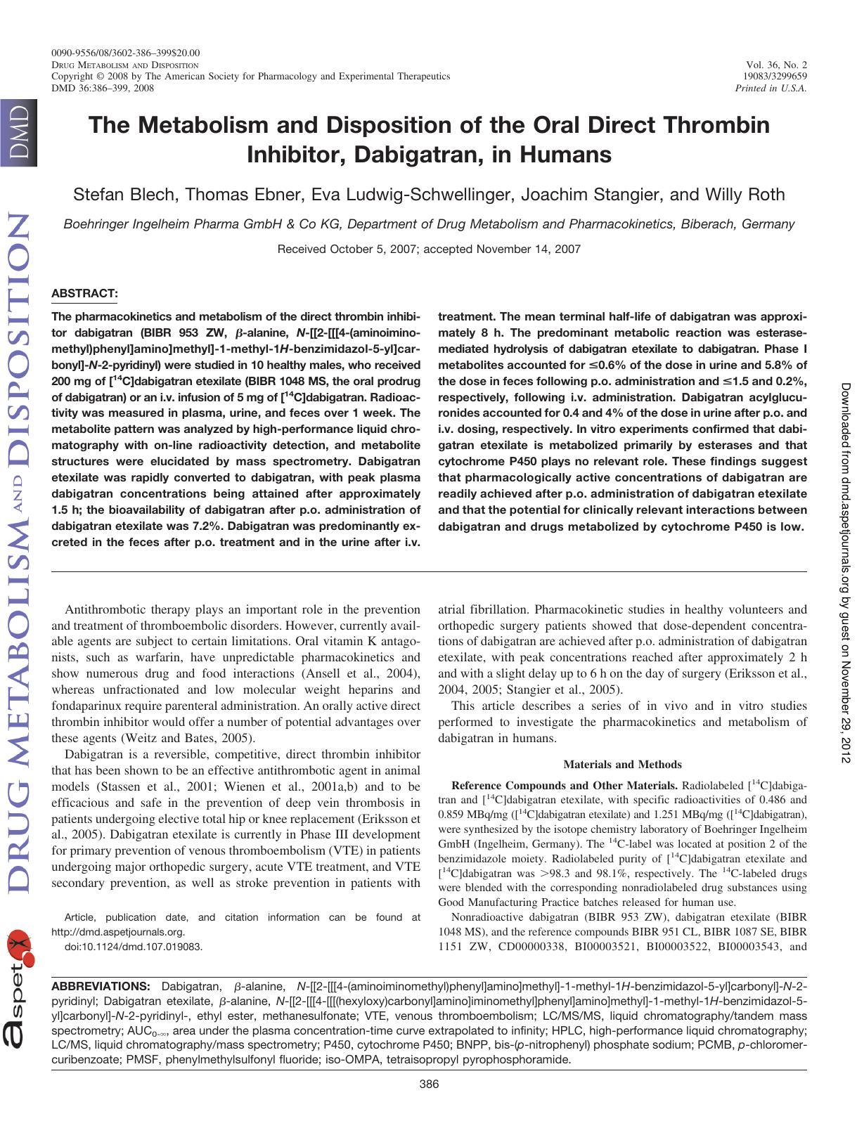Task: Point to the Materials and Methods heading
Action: [622, 764]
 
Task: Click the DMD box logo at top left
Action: [15, 135]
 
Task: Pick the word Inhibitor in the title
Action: [297, 154]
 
